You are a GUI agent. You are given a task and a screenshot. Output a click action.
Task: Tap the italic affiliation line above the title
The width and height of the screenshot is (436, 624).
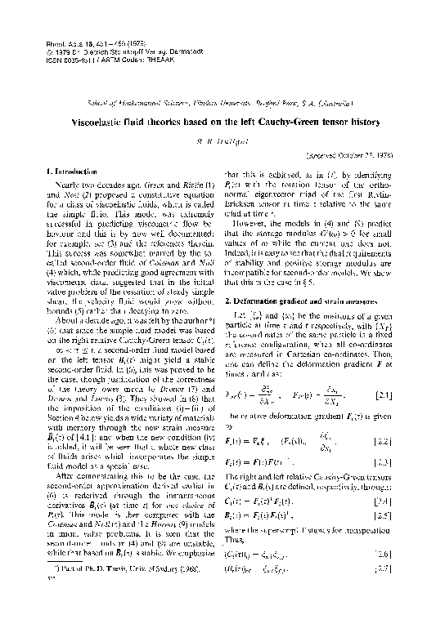coord(217,104)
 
